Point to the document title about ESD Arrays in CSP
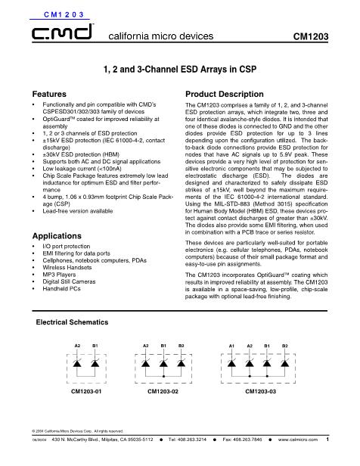coord(179,69)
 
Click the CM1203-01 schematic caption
coord(86,393)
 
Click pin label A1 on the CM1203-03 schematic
coord(232,345)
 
